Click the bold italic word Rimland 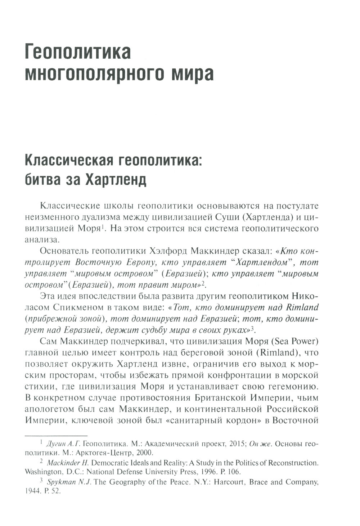(302, 308)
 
